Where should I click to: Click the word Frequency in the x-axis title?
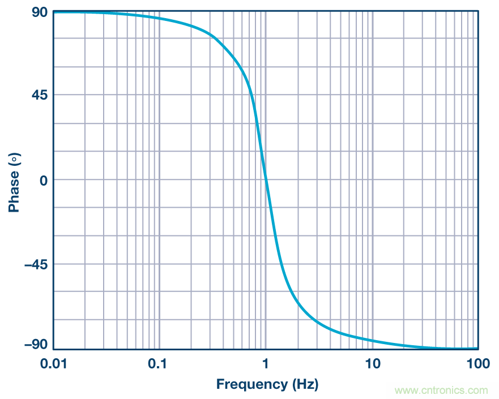pos(251,385)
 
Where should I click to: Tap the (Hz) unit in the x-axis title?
pos(305,385)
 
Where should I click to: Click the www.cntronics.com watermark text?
pos(441,390)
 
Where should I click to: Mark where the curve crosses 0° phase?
pos(266,180)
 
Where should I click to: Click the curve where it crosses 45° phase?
pos(253,95)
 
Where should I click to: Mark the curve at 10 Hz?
pos(372,341)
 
